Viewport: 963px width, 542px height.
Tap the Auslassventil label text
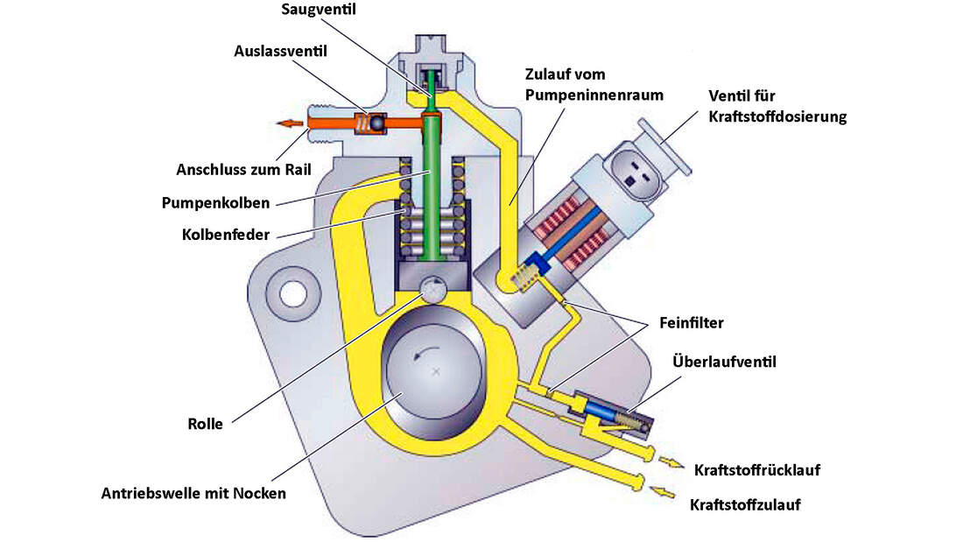[x=279, y=52]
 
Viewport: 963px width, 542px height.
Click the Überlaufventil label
[x=724, y=361]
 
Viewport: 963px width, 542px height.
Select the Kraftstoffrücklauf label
[x=757, y=470]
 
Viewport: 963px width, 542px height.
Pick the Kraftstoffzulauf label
[x=745, y=504]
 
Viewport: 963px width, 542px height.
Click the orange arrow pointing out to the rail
[x=287, y=123]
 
